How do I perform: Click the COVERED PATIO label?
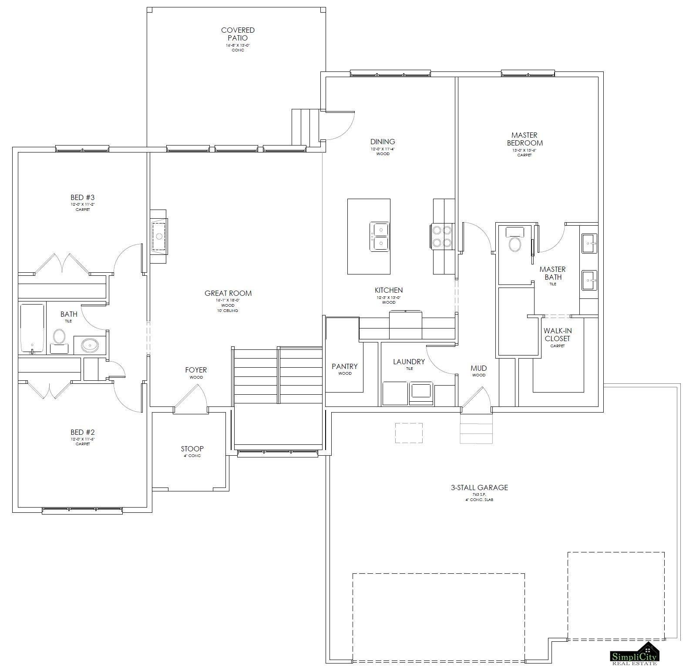point(238,34)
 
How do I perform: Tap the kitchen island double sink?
point(379,236)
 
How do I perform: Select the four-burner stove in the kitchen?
point(442,236)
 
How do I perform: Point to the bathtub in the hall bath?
point(32,328)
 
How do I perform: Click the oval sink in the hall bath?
point(90,345)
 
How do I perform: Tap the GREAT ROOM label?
point(228,293)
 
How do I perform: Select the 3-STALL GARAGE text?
point(479,488)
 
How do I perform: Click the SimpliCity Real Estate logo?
point(634,654)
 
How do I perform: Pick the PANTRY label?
point(344,366)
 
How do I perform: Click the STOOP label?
point(192,449)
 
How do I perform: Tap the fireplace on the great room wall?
point(159,237)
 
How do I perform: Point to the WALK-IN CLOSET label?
point(557,335)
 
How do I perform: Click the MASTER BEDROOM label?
point(525,139)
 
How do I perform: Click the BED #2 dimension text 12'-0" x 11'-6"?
point(83,439)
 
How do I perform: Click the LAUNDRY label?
point(409,362)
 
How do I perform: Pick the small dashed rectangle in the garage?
point(409,433)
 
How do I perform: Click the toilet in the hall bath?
point(59,337)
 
